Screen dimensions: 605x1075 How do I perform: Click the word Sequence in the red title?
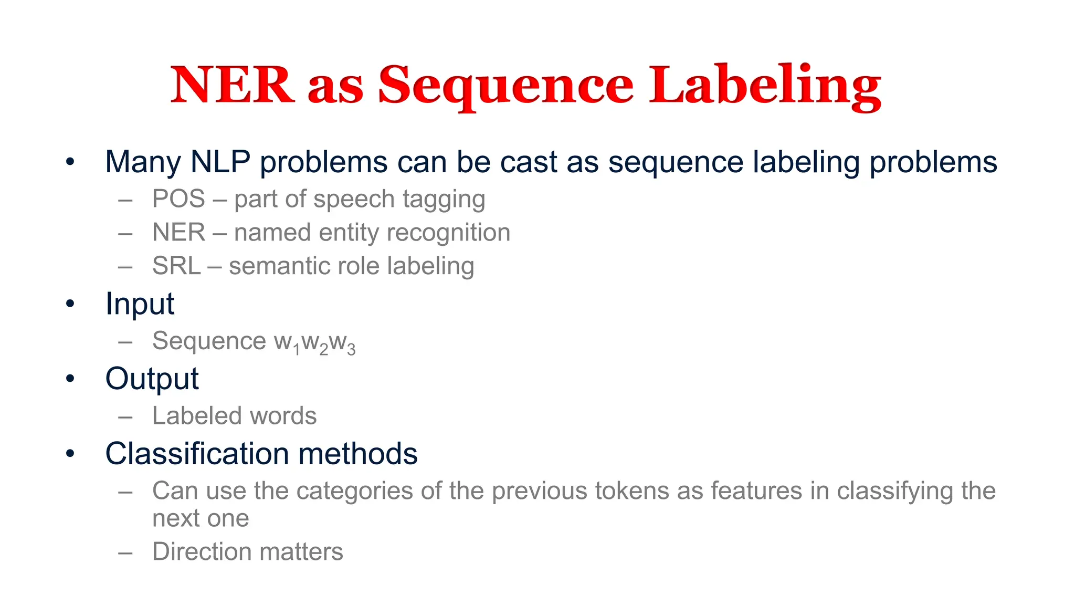[x=505, y=86]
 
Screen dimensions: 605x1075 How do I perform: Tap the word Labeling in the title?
[x=765, y=86]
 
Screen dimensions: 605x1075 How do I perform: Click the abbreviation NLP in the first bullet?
[x=220, y=162]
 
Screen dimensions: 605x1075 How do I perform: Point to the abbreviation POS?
[x=178, y=199]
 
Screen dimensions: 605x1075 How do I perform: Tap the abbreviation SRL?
[x=176, y=266]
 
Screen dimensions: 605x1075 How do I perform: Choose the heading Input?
[x=140, y=304]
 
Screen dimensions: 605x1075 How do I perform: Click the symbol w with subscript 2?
[x=314, y=342]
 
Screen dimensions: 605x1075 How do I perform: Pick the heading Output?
[x=152, y=379]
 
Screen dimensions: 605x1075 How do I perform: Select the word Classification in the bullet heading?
[x=197, y=454]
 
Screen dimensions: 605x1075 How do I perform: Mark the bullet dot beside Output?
[x=70, y=379]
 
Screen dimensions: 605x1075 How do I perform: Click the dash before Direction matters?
[x=125, y=552]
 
